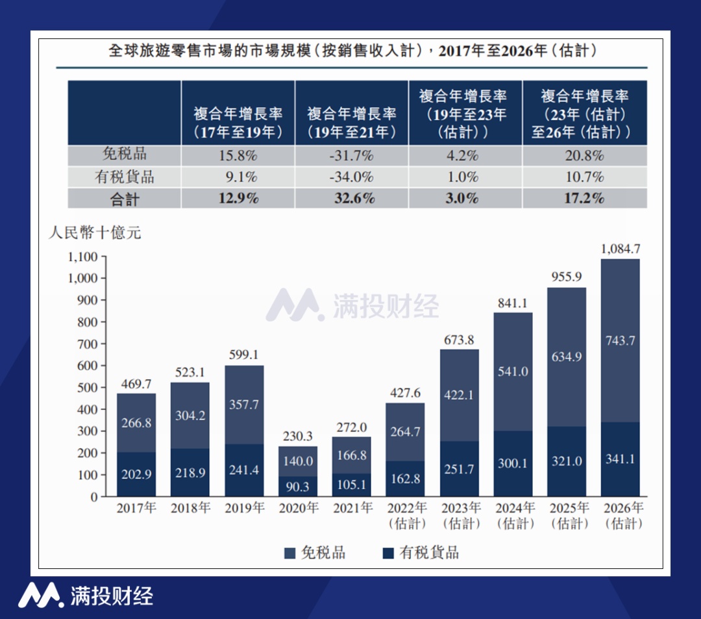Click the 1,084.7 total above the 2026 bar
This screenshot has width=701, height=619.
pos(620,248)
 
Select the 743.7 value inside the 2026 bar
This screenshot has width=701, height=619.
pos(620,340)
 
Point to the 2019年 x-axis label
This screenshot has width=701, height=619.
pos(243,508)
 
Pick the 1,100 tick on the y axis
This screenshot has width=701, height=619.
pos(82,257)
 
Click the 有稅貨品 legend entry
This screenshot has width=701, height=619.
pos(421,553)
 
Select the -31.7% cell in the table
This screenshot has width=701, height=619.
pos(351,155)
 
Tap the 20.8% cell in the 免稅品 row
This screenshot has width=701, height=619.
pos(584,155)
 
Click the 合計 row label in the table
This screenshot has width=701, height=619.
pos(124,199)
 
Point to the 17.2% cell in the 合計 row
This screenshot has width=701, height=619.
pos(584,199)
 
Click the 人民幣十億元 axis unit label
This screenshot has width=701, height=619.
pos(95,233)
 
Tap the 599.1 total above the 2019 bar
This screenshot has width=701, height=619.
pos(243,355)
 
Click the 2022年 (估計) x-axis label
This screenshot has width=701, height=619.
pos(406,515)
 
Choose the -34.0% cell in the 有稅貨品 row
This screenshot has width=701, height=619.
pos(351,177)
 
